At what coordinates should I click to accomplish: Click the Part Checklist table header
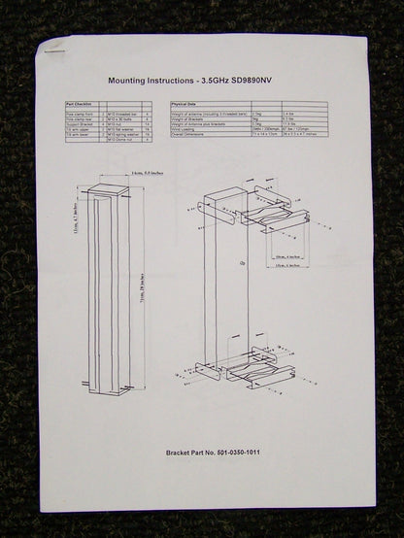(x=81, y=102)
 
